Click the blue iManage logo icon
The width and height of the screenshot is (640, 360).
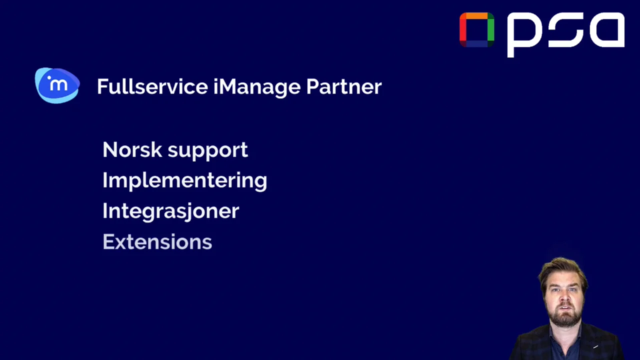point(57,85)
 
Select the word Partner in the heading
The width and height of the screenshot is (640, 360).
point(344,86)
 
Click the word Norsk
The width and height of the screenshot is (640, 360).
point(132,149)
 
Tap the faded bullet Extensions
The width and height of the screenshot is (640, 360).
point(157,242)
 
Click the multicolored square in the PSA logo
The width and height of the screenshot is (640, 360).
point(476,29)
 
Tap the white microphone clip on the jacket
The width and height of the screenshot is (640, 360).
point(595,346)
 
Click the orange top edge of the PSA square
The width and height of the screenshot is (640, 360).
point(476,16)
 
